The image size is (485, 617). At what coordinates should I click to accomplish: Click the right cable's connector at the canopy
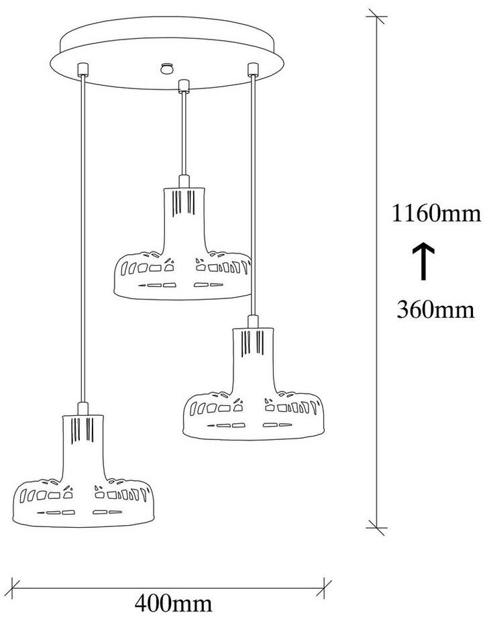click(252, 68)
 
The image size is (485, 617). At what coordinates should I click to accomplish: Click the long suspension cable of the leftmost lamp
click(82, 235)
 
